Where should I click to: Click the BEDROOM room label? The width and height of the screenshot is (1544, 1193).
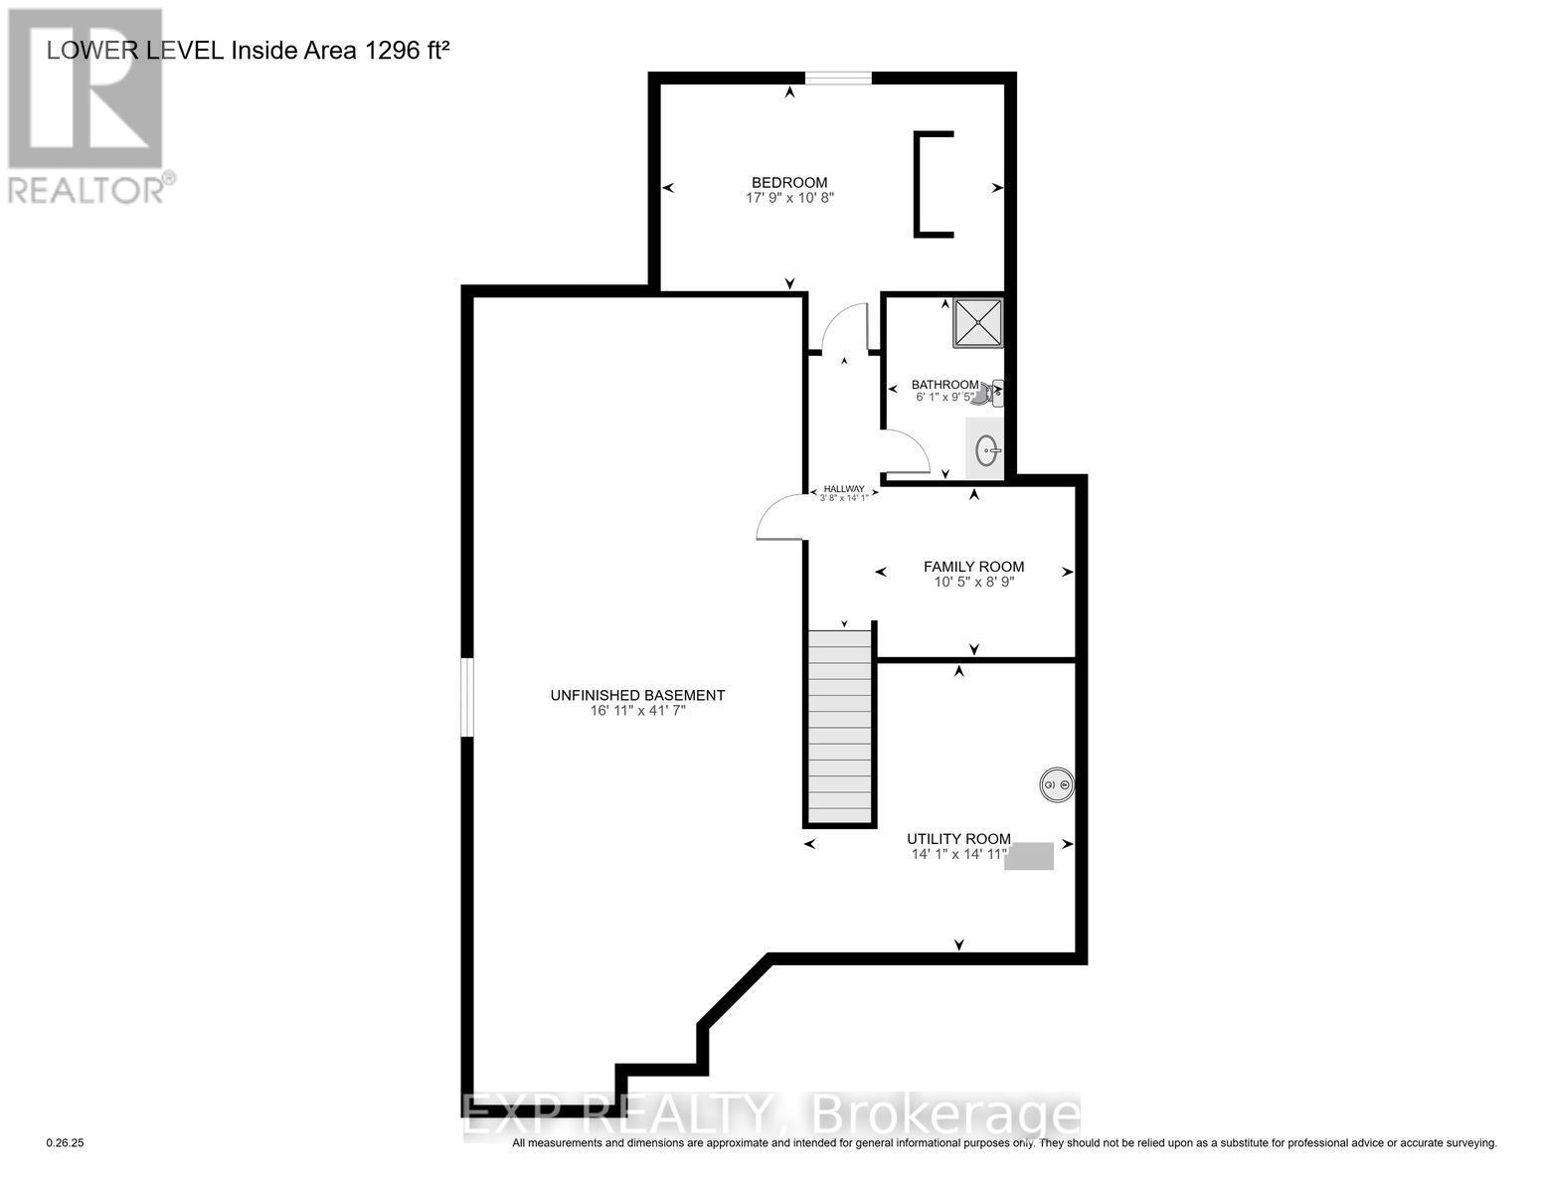(x=789, y=182)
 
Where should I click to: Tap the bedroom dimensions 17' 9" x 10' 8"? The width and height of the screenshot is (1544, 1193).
(x=789, y=198)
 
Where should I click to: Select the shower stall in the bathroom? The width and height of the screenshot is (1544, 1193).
(x=977, y=322)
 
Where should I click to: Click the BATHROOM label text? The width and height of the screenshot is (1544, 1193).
(x=944, y=385)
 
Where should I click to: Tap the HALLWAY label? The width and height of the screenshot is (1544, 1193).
(x=844, y=489)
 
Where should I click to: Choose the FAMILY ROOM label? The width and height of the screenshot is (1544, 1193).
(x=973, y=567)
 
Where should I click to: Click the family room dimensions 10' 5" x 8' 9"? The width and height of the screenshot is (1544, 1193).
(x=973, y=583)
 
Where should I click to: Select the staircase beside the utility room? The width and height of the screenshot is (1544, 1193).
(x=840, y=726)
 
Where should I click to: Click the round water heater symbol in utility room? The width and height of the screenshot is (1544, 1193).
(x=1056, y=785)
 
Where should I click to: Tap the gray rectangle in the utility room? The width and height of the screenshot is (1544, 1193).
(x=1029, y=856)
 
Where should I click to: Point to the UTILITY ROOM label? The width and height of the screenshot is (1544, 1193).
(x=958, y=839)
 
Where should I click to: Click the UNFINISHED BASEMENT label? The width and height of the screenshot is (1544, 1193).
(x=637, y=696)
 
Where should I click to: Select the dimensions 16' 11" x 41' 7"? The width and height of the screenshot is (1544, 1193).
(x=637, y=711)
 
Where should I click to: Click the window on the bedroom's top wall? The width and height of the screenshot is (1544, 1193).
(x=838, y=78)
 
